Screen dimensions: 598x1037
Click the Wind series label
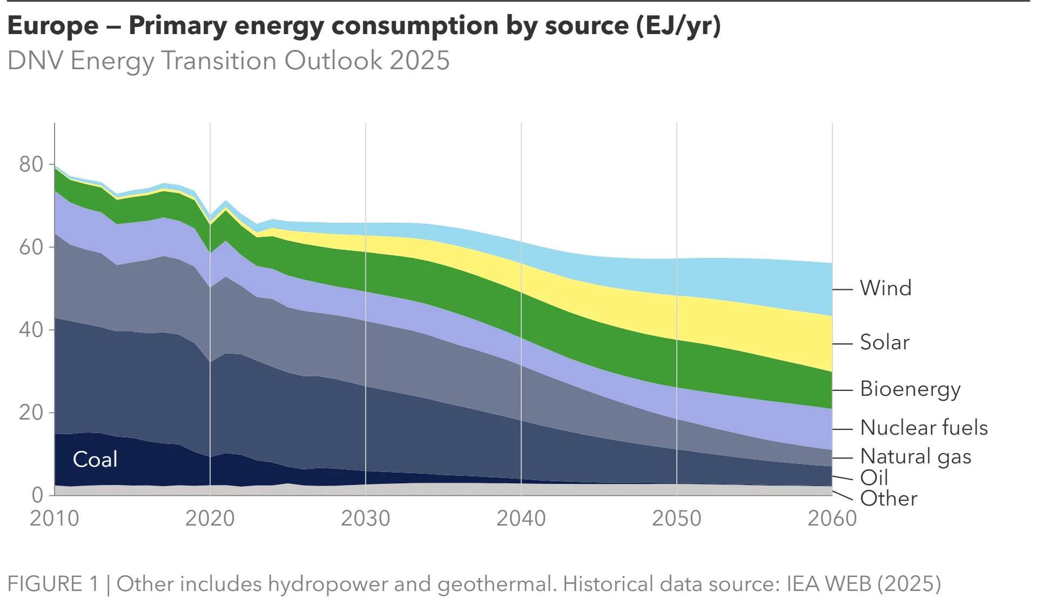[x=885, y=288]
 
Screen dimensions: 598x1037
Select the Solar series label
[x=884, y=342]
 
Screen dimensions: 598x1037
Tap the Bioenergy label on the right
[x=910, y=389]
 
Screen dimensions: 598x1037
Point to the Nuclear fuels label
[x=924, y=428]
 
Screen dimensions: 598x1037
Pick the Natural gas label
[x=915, y=457]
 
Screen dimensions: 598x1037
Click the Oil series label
[x=874, y=478]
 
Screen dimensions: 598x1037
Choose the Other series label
[x=888, y=499]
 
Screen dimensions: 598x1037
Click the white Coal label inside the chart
[x=95, y=460]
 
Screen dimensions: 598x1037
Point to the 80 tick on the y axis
[x=31, y=164]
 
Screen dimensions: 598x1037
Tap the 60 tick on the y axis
[x=31, y=247]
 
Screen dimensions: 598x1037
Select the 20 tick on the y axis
[x=31, y=413]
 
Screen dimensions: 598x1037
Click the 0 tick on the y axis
[x=37, y=495]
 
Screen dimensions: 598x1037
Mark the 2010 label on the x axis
[x=55, y=519]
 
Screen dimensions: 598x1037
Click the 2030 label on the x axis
[x=366, y=519]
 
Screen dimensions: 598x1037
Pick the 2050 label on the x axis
[x=676, y=519]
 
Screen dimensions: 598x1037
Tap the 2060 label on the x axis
[x=832, y=519]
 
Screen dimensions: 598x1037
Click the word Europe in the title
[x=53, y=25]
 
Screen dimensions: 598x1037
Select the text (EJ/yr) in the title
[x=678, y=25]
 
